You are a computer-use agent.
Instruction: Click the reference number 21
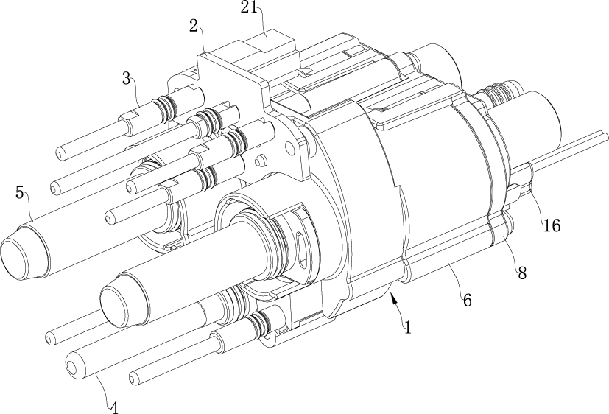(x=249, y=7)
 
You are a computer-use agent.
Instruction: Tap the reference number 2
(x=194, y=26)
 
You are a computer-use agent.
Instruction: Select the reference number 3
(x=126, y=78)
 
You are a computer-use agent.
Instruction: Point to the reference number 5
(x=19, y=192)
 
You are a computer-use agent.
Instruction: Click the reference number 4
(x=113, y=407)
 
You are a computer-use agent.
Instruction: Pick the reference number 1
(x=407, y=327)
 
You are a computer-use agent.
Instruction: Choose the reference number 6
(x=467, y=300)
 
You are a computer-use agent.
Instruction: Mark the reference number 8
(x=522, y=273)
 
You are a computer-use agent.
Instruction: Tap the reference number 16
(x=552, y=225)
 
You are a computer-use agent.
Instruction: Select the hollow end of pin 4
(x=74, y=366)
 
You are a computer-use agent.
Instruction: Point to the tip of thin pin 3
(x=60, y=154)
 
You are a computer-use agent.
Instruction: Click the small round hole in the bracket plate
(x=289, y=147)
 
